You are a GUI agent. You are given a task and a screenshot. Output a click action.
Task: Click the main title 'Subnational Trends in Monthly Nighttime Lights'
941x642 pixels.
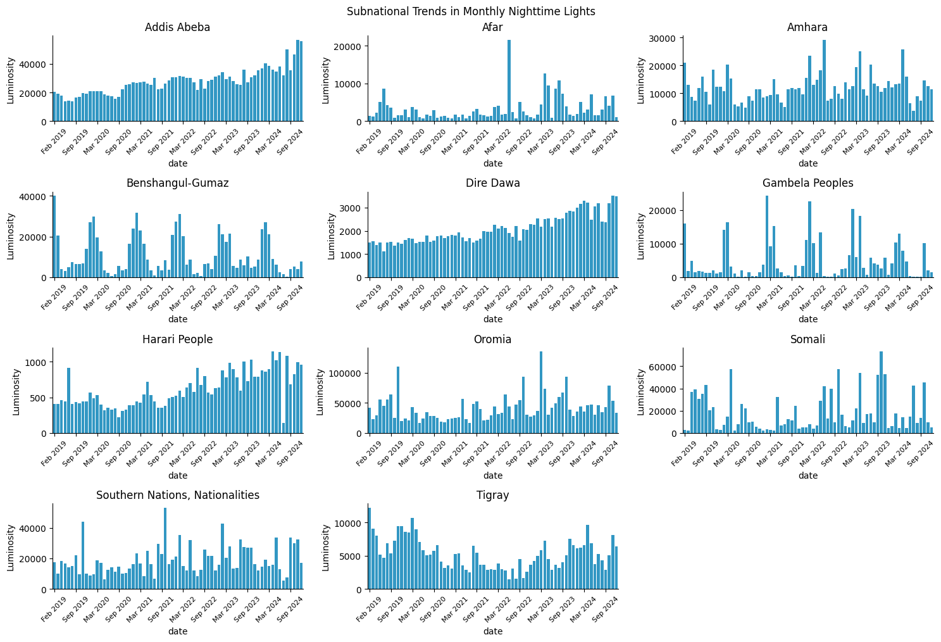pos(470,11)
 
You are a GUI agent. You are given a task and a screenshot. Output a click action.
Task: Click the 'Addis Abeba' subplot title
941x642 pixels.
pos(177,27)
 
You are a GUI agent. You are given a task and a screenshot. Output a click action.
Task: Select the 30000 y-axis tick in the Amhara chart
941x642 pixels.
pos(667,38)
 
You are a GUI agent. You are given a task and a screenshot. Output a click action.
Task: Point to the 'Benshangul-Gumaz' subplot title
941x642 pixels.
pos(177,183)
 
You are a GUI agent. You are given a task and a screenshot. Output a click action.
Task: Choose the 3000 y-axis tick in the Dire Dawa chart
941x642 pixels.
pos(352,208)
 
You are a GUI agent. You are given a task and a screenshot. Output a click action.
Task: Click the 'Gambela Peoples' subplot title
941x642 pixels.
pos(807,183)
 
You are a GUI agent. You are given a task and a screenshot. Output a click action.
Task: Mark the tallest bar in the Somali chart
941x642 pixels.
pos(881,392)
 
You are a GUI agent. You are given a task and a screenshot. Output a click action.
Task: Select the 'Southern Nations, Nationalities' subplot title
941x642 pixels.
pos(177,495)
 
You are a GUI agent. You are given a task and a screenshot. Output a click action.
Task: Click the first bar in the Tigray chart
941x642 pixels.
pos(370,548)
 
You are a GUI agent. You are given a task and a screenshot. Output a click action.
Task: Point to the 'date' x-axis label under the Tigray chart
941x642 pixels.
pos(492,631)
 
